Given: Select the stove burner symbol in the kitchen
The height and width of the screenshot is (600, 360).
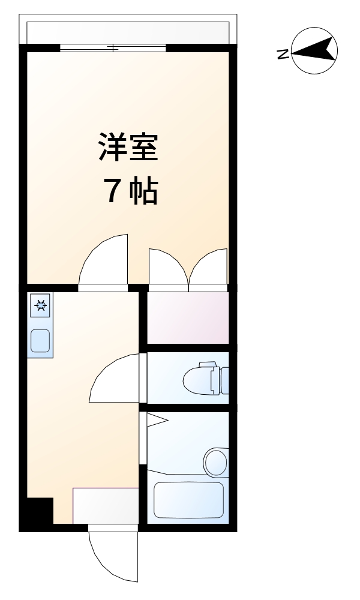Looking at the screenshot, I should tap(41, 306).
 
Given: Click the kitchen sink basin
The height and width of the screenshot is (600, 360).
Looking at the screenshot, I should tap(40, 341).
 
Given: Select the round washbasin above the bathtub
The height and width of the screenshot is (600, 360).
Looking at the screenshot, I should tap(215, 462).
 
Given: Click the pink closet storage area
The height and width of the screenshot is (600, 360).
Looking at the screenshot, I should tap(188, 317).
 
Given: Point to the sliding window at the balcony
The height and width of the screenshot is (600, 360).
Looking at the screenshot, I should tap(113, 48).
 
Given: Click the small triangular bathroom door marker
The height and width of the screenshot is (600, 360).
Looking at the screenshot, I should tap(155, 420).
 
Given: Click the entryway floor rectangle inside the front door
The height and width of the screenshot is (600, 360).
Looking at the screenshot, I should tap(105, 505).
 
